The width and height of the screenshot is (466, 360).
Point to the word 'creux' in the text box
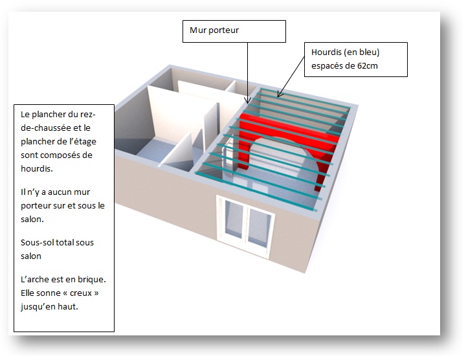pyautogui.click(x=82, y=293)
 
